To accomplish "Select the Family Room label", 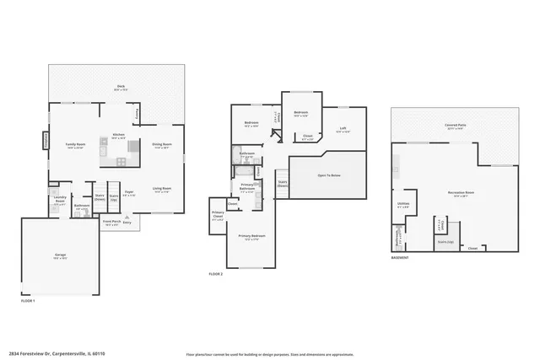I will [x=75, y=144].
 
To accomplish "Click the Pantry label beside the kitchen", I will [x=138, y=111].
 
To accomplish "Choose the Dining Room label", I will [x=161, y=144].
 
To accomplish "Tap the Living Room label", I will [x=162, y=188].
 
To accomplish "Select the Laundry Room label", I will [x=61, y=201].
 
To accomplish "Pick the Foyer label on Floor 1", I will [x=129, y=192].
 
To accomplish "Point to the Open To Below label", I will [x=328, y=175].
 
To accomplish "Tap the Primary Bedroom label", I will [x=251, y=235].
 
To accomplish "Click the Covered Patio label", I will [x=456, y=126].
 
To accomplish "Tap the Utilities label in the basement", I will [x=403, y=203].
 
